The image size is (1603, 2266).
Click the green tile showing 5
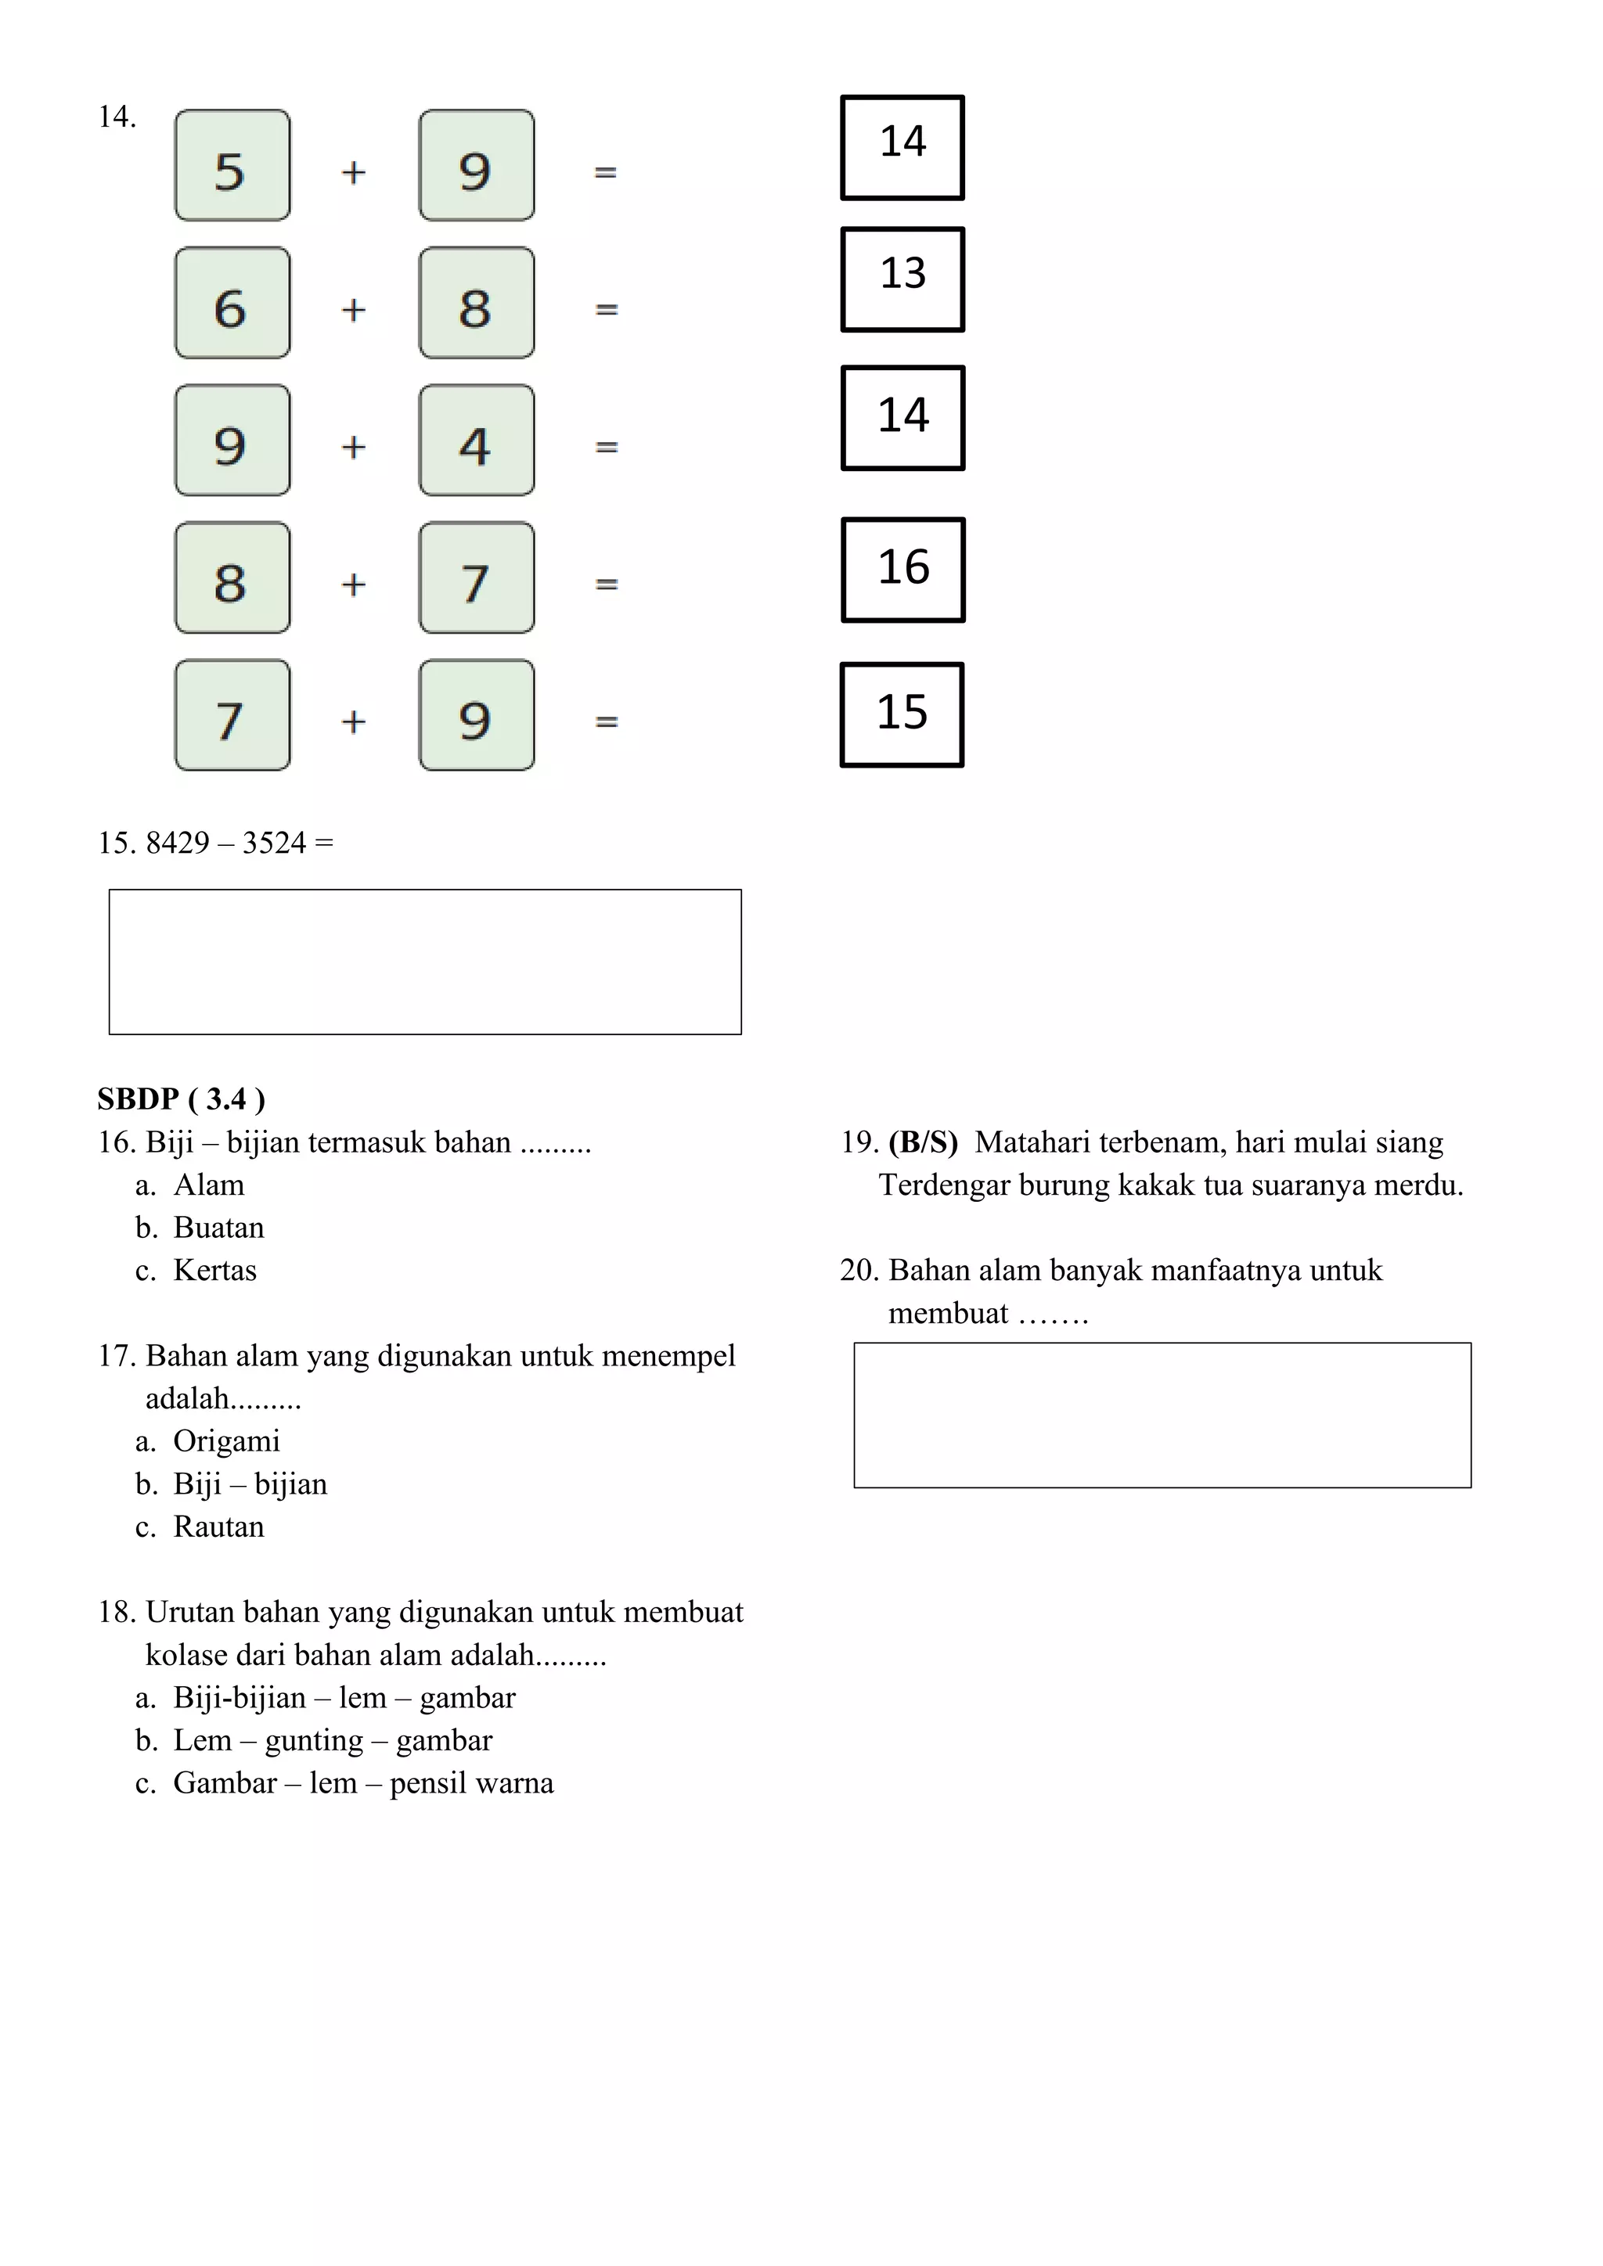(232, 166)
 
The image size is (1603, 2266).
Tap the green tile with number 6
(232, 303)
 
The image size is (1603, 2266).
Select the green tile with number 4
(476, 441)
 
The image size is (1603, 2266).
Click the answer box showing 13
(902, 279)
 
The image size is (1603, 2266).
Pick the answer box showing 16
(902, 570)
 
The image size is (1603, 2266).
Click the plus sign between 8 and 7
(353, 584)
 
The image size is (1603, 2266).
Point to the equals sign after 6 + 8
(606, 309)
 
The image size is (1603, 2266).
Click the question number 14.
(117, 117)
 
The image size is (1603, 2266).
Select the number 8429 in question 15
(178, 843)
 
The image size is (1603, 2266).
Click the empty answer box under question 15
(424, 962)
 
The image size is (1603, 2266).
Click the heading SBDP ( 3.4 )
(181, 1099)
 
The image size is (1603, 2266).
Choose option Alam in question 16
(208, 1185)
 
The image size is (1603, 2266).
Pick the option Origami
(226, 1441)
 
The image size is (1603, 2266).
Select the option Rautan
(218, 1527)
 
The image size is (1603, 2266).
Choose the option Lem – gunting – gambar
(332, 1740)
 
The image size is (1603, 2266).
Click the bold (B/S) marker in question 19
(922, 1142)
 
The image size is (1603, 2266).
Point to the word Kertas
(214, 1270)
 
